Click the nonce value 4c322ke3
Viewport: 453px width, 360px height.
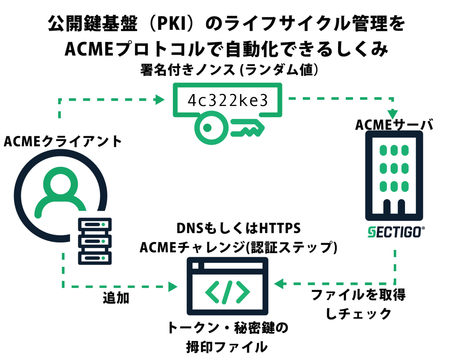(x=227, y=100)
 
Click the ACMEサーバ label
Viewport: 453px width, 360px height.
(x=394, y=125)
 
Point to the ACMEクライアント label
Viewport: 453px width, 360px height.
(x=63, y=141)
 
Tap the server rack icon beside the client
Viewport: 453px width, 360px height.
(x=95, y=241)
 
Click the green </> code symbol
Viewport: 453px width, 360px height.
(x=227, y=292)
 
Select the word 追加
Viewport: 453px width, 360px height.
(x=116, y=298)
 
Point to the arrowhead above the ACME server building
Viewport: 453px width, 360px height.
(x=393, y=114)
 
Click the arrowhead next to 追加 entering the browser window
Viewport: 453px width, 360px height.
(x=173, y=287)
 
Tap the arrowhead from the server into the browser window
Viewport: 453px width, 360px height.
(x=279, y=284)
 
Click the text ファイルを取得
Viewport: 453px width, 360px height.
(x=358, y=295)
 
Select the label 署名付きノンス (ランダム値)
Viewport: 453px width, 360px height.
(x=229, y=70)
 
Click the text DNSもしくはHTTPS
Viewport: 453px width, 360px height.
(x=238, y=228)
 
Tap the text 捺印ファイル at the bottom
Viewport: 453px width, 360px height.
(x=227, y=347)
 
